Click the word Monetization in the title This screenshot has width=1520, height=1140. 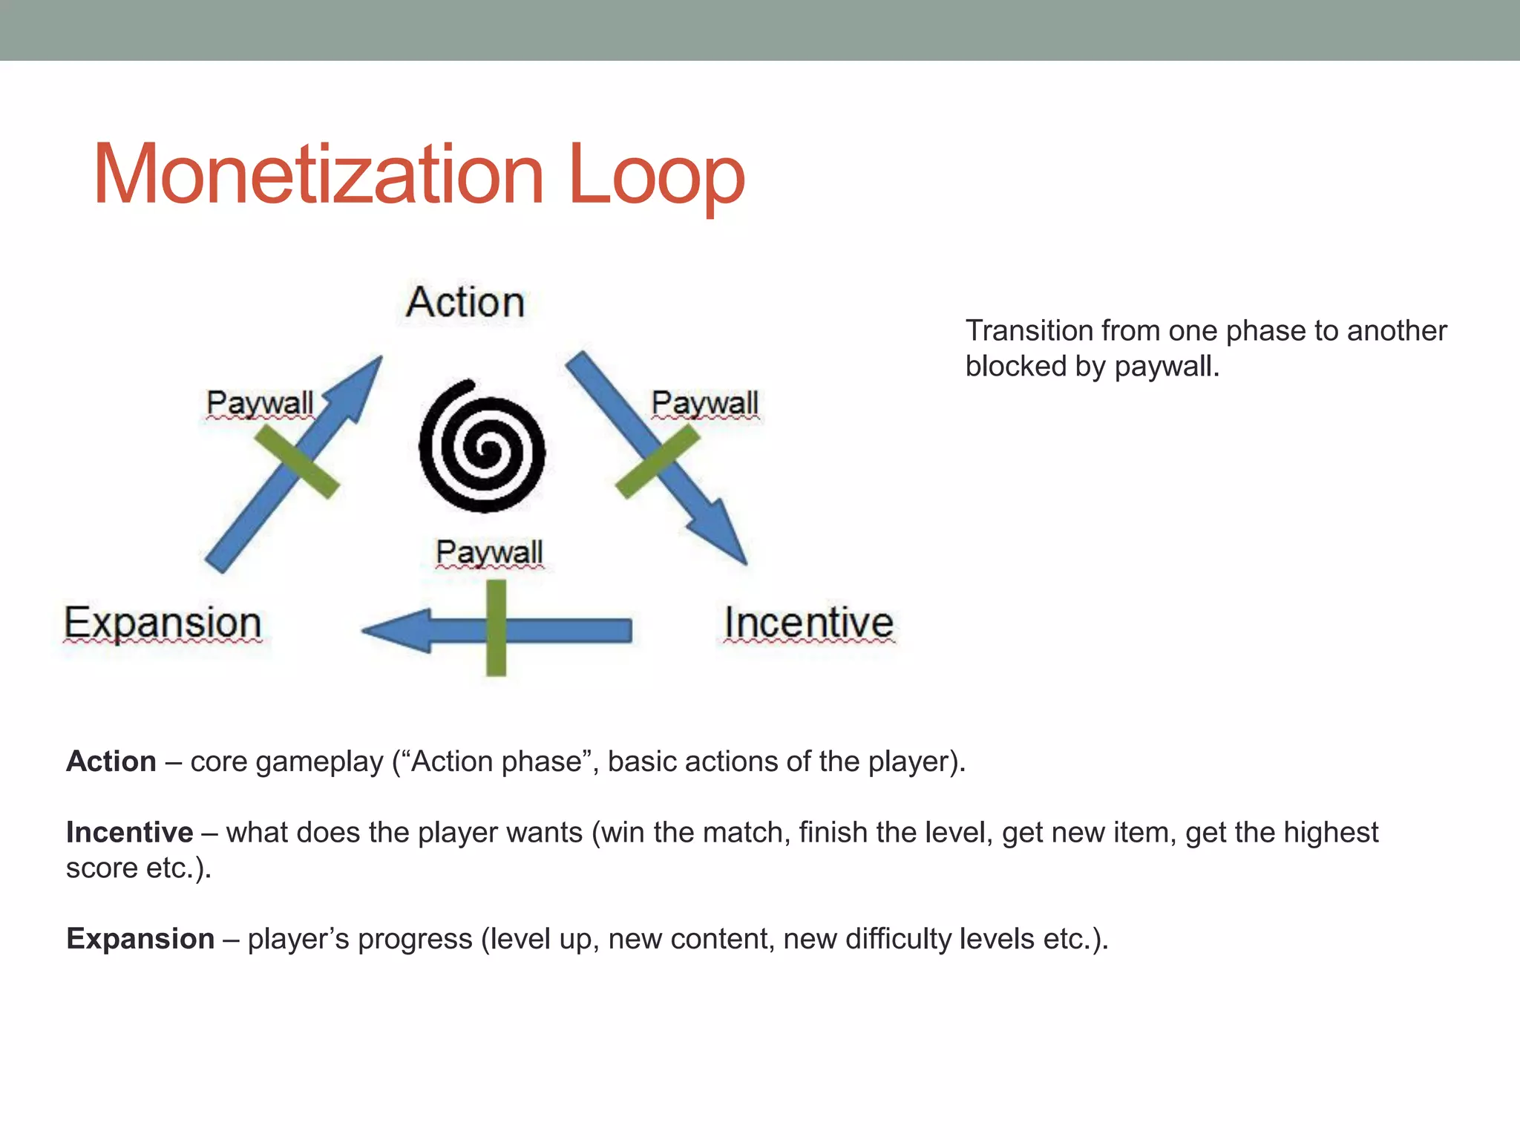[x=319, y=176]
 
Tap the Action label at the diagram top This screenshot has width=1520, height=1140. [x=465, y=303]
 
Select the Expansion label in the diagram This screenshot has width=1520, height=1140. [x=163, y=623]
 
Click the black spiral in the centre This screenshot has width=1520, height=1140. [x=482, y=448]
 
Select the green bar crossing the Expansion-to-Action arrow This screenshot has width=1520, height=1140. [x=297, y=464]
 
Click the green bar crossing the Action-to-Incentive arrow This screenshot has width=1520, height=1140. [x=658, y=461]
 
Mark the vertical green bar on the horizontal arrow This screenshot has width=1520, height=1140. [x=496, y=628]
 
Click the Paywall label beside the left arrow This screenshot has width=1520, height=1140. [x=259, y=404]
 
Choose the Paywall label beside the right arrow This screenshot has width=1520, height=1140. [x=704, y=404]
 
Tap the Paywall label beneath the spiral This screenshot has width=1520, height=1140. [x=489, y=553]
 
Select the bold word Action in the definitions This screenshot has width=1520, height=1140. [x=111, y=761]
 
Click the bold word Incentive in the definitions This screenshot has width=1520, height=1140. [x=129, y=833]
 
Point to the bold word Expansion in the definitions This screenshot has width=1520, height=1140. [x=140, y=939]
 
